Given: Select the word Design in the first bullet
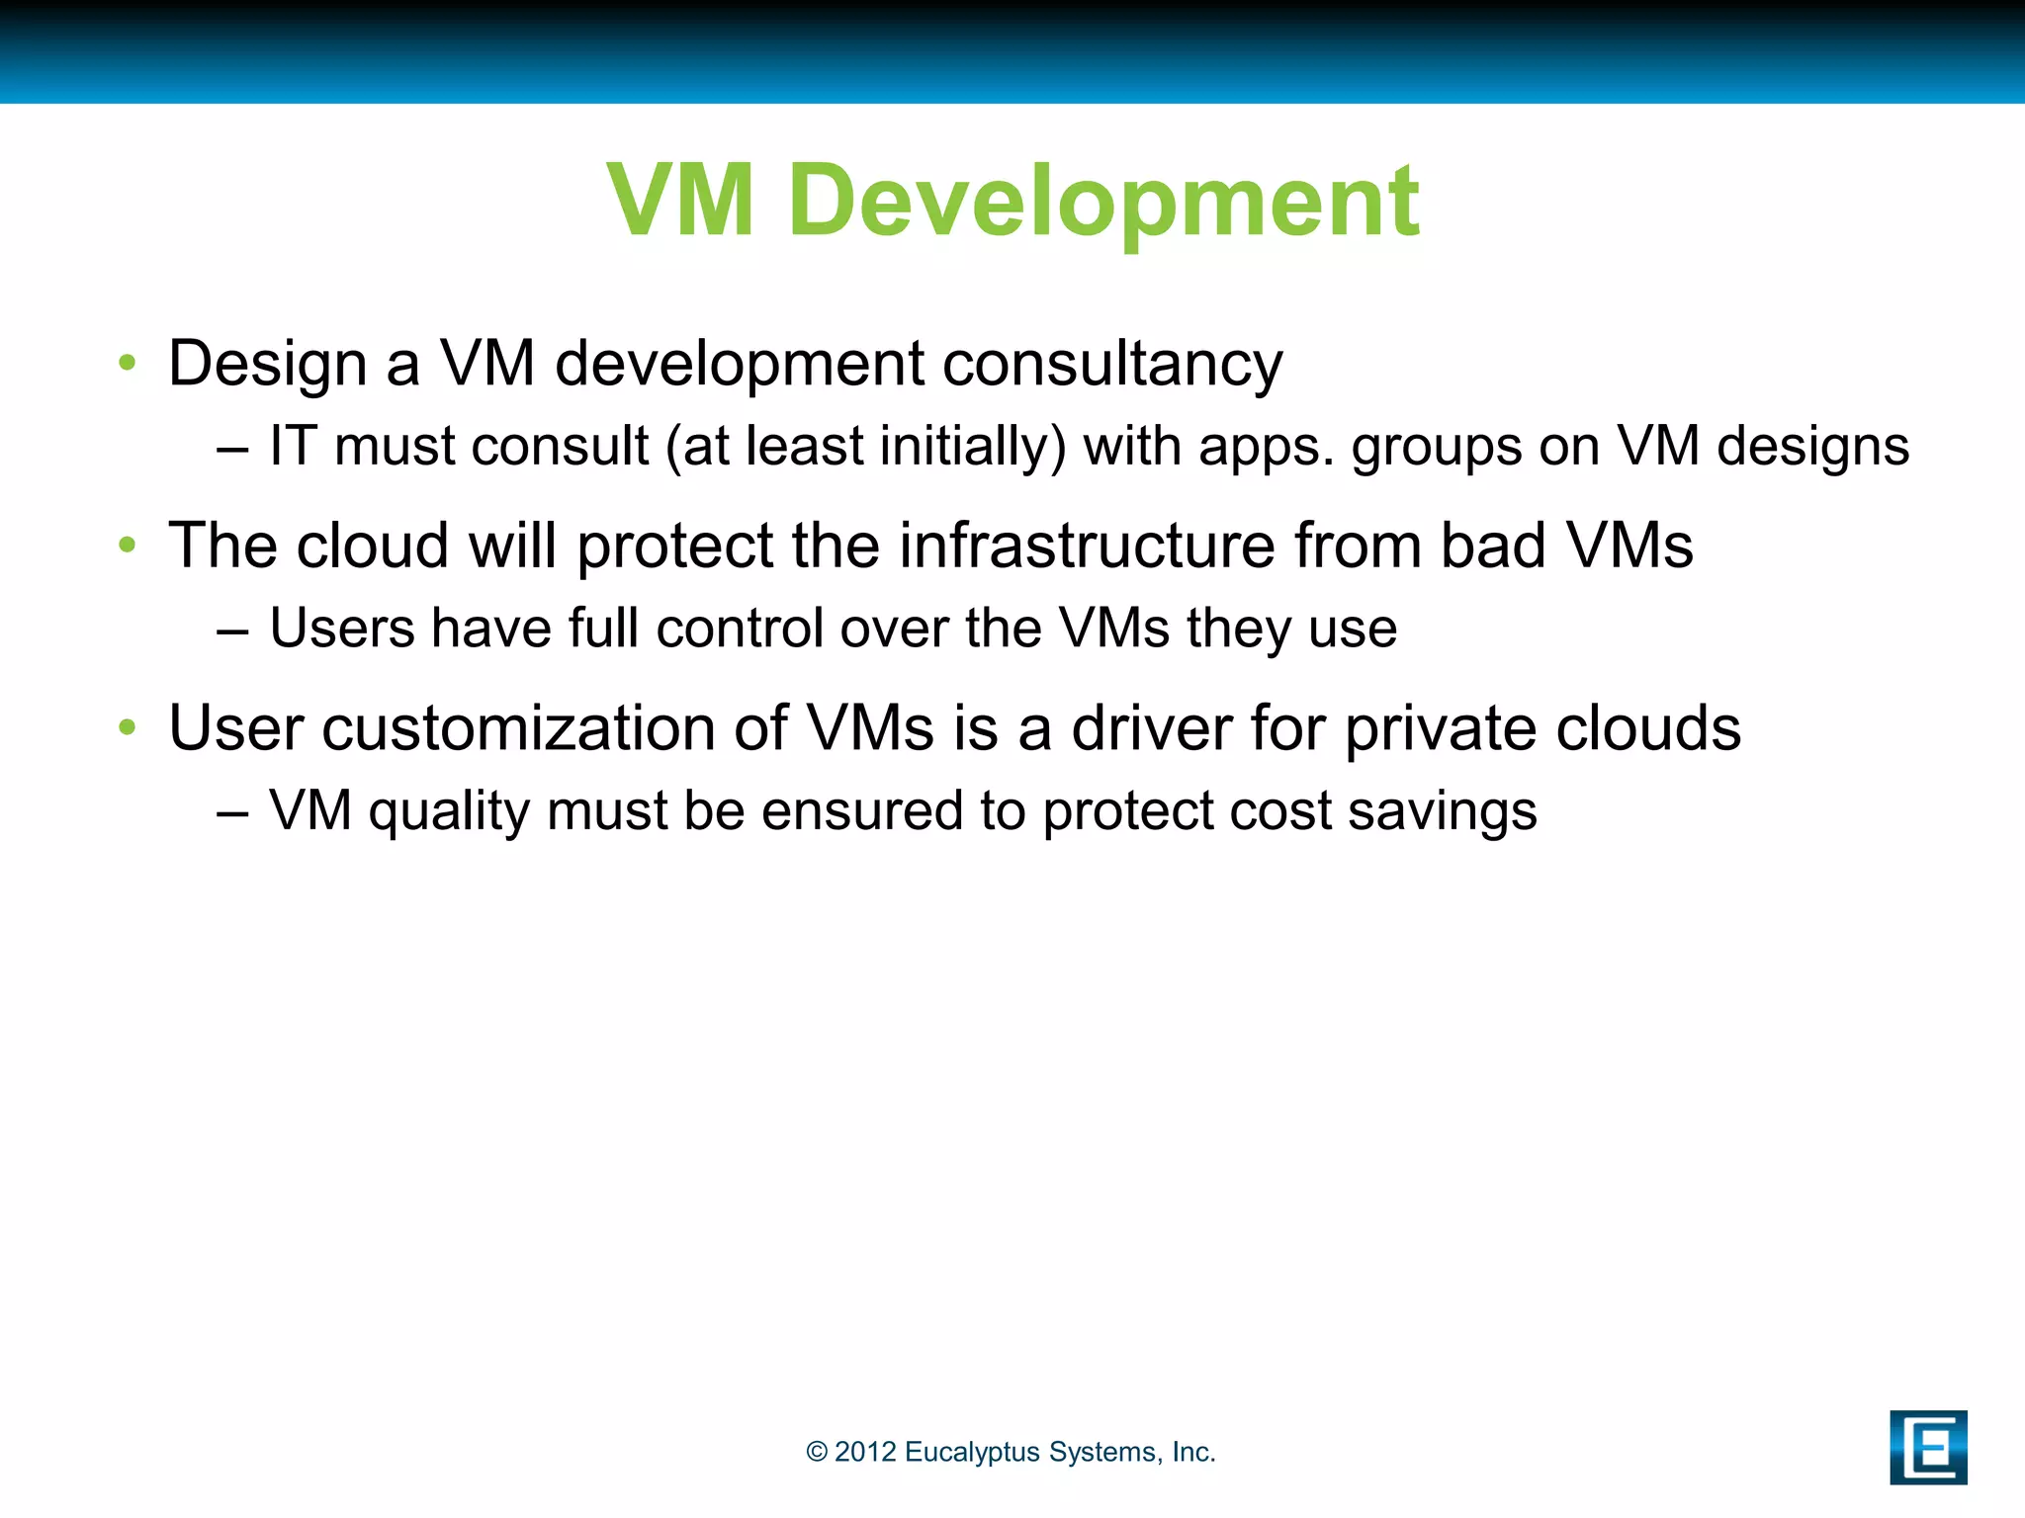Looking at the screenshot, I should point(267,364).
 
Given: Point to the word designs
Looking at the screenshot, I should point(1812,446).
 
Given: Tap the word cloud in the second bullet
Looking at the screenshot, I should point(373,546).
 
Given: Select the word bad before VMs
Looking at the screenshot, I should point(1492,546).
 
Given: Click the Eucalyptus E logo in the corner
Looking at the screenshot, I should point(1927,1447).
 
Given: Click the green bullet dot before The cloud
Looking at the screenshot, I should point(127,545).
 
